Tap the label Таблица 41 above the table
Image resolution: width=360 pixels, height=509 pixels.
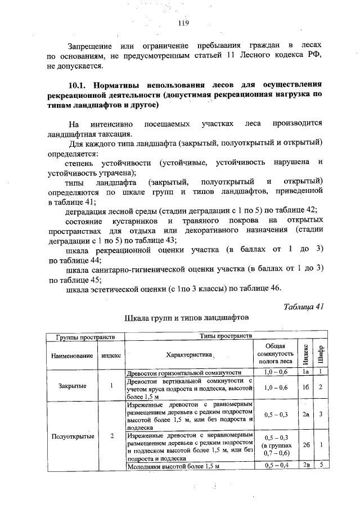pos(304,306)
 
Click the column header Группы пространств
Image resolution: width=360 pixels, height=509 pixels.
pos(85,336)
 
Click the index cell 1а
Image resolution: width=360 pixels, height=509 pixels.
pos(304,372)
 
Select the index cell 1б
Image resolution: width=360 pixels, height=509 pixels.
pos(304,388)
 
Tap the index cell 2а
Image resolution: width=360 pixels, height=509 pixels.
pos(304,415)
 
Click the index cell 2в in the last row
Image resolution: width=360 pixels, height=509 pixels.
pos(304,465)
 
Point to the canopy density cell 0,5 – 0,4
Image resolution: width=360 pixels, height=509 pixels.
pos(276,465)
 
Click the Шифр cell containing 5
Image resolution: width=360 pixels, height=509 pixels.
pos(319,465)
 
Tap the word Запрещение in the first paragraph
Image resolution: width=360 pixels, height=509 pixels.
pos(86,44)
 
